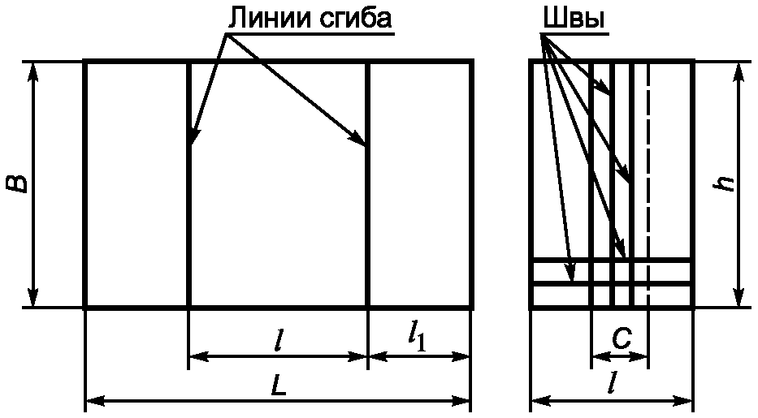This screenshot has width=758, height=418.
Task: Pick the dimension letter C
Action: coord(622,341)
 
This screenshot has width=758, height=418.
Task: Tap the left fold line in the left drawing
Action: coord(188,227)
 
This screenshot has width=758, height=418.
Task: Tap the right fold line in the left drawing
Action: coord(368,227)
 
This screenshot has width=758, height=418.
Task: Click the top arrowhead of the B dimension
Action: coord(33,69)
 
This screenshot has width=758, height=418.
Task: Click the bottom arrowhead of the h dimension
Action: coord(739,299)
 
